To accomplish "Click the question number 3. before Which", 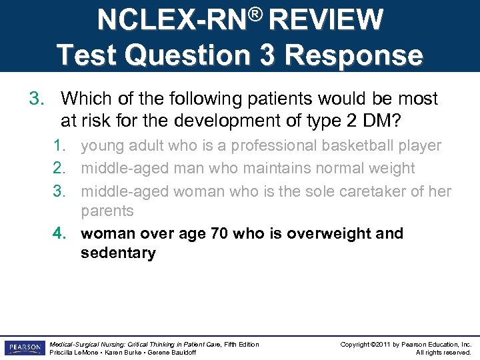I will [x=36, y=99].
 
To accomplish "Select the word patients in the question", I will [x=281, y=99].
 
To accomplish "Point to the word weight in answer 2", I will [x=393, y=168].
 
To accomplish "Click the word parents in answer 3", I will [x=107, y=211].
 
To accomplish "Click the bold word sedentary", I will [x=118, y=253].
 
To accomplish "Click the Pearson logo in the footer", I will [x=24, y=348].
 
